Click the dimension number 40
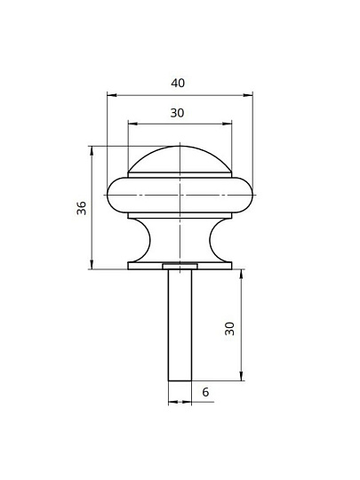click(178, 83)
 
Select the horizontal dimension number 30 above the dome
click(177, 113)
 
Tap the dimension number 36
click(82, 208)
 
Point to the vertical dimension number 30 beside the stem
click(229, 329)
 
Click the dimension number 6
click(205, 392)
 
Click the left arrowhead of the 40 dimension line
click(112, 95)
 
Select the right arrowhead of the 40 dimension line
click(248, 95)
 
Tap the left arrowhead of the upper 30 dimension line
click(132, 124)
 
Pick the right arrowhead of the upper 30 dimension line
click(228, 124)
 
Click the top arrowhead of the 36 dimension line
click(92, 150)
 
